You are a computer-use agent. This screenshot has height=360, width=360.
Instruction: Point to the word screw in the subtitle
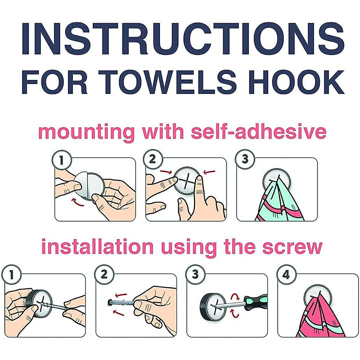(292, 247)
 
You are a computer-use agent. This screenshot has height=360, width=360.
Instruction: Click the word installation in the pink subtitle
(97, 247)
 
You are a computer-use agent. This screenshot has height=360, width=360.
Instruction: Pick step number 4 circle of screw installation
(286, 274)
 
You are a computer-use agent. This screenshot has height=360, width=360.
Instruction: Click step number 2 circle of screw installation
(104, 274)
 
